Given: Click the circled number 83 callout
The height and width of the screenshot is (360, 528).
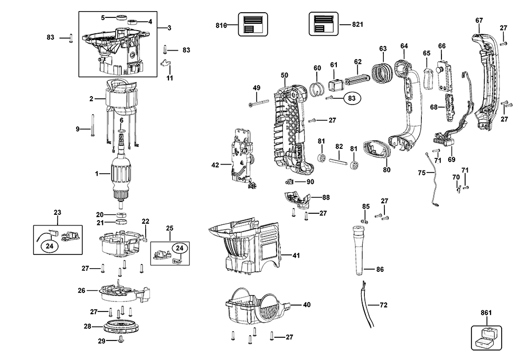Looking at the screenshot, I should [x=350, y=98].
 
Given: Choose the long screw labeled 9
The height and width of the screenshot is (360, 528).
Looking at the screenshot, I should [x=92, y=126].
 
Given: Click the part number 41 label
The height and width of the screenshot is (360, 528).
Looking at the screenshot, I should [x=296, y=255].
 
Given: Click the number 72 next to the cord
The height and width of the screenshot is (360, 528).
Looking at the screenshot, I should [x=384, y=305].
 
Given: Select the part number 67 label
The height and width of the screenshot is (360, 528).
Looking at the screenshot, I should [x=479, y=20].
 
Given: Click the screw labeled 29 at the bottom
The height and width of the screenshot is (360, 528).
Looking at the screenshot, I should [x=121, y=340].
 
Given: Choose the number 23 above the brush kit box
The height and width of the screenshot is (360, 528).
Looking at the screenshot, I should [x=58, y=213].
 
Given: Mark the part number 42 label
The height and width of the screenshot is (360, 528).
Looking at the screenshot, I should [x=215, y=165].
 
